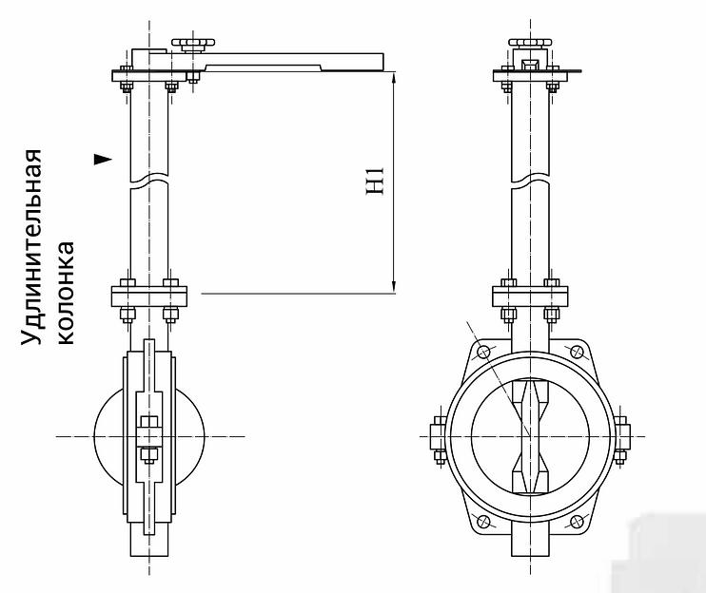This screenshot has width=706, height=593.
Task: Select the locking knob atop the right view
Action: [530, 44]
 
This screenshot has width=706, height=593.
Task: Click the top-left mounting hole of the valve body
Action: [482, 353]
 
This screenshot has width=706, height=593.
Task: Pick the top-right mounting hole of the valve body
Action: [577, 353]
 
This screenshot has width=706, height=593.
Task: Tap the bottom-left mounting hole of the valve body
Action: [482, 520]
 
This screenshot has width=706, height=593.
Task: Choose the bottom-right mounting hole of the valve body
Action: [577, 520]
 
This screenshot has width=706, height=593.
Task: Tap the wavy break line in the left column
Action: [150, 181]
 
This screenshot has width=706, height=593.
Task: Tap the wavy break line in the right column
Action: [530, 181]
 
